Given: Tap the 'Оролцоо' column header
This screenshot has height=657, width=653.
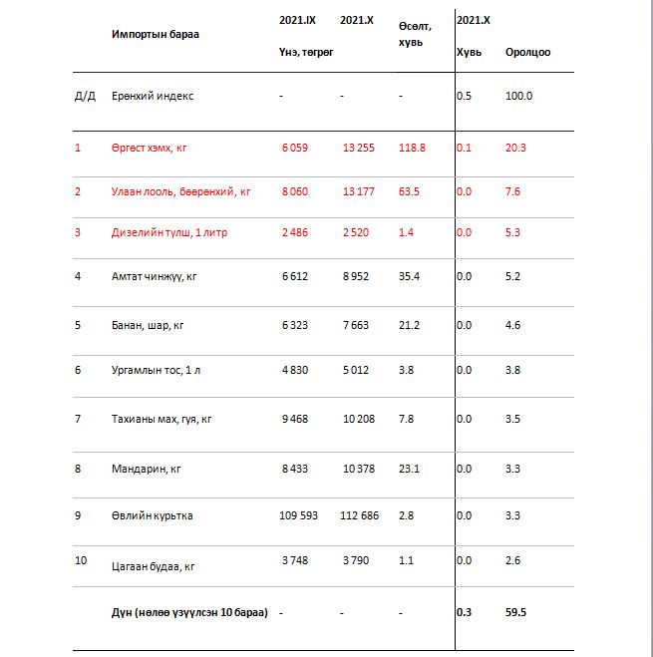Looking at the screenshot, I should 527,52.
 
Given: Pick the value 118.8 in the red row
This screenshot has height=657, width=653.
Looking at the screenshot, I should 411,148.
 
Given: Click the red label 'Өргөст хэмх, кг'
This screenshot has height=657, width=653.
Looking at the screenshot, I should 150,148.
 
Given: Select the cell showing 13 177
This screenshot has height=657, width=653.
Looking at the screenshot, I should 358,191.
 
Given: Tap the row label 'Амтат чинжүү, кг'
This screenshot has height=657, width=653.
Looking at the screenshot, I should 155,276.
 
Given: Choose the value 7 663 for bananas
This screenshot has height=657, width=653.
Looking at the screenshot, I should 358,324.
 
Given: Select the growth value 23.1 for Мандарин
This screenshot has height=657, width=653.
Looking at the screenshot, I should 409,467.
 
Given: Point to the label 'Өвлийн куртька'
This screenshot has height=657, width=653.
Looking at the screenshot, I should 153,515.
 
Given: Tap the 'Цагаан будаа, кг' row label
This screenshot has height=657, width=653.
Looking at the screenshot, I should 154,565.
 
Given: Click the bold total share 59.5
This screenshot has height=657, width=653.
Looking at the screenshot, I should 517,613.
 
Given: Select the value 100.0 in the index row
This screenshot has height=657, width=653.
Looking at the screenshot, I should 519,96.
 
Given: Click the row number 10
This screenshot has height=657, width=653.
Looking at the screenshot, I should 81,560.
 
